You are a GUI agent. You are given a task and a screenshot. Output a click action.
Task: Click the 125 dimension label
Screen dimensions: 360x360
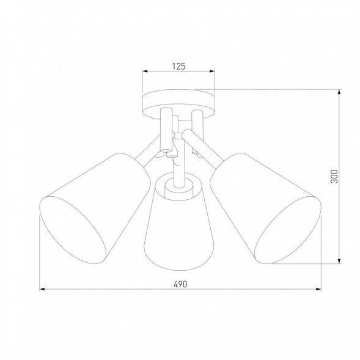click(179, 64)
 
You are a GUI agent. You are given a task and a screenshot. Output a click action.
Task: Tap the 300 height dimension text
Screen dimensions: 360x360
click(334, 177)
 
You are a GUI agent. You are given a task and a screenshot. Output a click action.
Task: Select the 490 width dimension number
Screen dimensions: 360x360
click(180, 284)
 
